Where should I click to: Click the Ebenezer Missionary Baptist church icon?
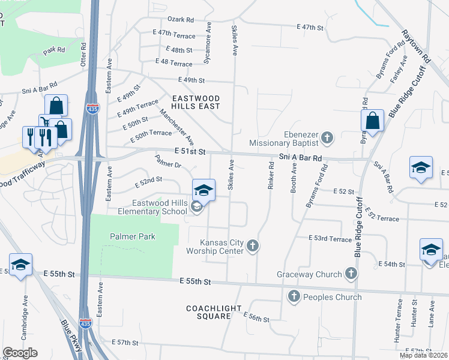(x=327, y=138)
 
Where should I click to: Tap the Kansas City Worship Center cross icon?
(x=253, y=245)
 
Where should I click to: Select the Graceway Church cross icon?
(x=351, y=274)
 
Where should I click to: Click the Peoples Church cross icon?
(x=294, y=296)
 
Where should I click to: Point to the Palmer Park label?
(x=133, y=236)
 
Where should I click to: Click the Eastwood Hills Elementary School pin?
(x=203, y=191)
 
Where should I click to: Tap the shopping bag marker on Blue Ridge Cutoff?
(x=372, y=121)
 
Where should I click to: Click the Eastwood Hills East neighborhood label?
(x=196, y=102)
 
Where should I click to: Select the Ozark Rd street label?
(x=182, y=19)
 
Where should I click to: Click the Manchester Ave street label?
(x=176, y=127)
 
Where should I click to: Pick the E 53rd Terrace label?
(x=330, y=239)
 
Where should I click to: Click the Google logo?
(x=20, y=353)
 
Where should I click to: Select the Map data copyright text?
(x=423, y=355)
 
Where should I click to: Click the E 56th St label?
(x=256, y=317)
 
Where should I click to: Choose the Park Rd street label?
(x=53, y=49)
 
